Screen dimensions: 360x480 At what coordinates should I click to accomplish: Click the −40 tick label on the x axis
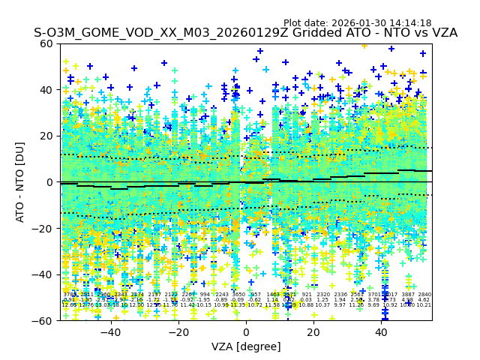click(110, 331)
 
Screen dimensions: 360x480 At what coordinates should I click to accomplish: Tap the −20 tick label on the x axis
click(178, 331)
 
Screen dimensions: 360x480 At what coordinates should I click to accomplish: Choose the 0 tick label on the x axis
click(246, 331)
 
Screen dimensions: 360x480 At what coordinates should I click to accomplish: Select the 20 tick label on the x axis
click(313, 331)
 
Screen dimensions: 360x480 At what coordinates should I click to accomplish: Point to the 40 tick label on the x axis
click(381, 331)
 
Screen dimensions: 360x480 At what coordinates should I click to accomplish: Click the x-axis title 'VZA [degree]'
click(246, 346)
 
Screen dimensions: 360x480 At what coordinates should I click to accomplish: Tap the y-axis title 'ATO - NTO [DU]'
click(21, 182)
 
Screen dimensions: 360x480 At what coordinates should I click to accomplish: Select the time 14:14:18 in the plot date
click(410, 23)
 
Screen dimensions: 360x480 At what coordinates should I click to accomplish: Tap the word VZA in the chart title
click(442, 34)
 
